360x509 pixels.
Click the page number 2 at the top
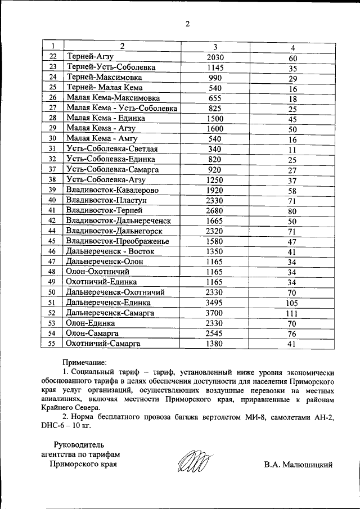tap(188, 23)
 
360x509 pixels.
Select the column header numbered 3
tap(215, 47)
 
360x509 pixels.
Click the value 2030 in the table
tap(215, 57)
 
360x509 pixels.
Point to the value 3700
tap(215, 312)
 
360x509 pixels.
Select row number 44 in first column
tap(52, 231)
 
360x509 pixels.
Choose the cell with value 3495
tap(215, 302)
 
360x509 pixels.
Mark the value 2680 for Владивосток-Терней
tap(215, 210)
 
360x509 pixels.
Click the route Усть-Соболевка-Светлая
tap(111, 148)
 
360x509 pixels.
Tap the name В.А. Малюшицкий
tap(298, 465)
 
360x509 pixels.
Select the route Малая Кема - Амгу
tap(101, 138)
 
